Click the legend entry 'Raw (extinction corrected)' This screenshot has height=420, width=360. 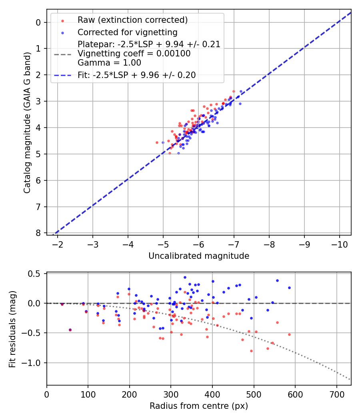tap(132, 20)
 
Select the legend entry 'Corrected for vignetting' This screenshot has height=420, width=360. tap(128, 32)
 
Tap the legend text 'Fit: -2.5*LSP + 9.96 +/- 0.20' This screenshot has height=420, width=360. tap(137, 75)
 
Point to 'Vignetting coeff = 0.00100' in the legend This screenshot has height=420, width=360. tap(134, 53)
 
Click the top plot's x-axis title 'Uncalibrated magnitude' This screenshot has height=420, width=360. tap(199, 256)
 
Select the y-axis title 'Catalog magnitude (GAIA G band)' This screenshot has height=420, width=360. tap(27, 128)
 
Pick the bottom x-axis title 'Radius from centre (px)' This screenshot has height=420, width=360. tap(199, 406)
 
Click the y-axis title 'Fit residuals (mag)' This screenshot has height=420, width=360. tap(12, 329)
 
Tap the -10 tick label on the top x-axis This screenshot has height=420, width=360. tap(340, 244)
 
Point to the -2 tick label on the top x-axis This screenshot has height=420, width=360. tap(58, 244)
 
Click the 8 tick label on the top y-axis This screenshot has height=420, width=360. tap(38, 233)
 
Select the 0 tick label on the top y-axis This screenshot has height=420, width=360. tap(38, 22)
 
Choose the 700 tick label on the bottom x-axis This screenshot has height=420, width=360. tap(336, 394)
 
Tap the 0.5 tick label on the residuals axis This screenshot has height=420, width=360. tap(36, 274)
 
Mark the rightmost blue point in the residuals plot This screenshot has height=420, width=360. tap(289, 288)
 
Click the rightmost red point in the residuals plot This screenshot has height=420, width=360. tap(289, 334)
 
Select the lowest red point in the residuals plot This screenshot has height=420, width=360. tap(251, 351)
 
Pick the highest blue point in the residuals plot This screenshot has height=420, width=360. tap(185, 277)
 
